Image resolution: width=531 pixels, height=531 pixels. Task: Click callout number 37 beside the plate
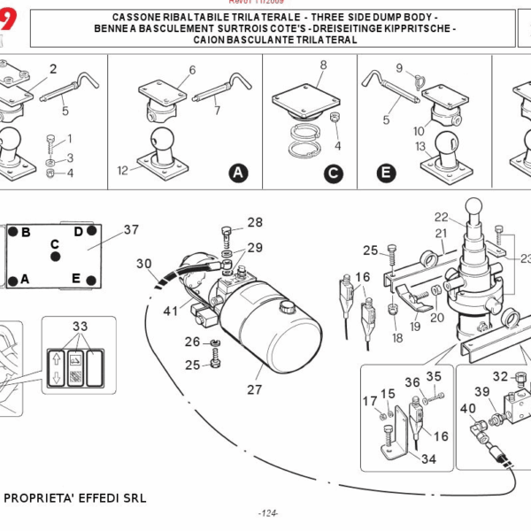click(x=131, y=230)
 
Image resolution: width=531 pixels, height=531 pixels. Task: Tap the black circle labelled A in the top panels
click(x=237, y=173)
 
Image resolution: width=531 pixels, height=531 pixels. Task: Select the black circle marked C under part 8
click(x=333, y=173)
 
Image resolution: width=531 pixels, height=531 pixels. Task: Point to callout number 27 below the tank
click(x=255, y=388)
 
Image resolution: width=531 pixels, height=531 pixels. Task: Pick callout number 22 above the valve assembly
click(x=441, y=217)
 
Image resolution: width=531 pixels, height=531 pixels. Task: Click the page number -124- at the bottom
click(x=268, y=513)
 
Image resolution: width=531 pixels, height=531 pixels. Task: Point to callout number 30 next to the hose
click(x=144, y=263)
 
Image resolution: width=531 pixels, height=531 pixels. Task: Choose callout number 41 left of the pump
click(x=170, y=311)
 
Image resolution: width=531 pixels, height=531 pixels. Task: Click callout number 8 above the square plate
click(x=323, y=65)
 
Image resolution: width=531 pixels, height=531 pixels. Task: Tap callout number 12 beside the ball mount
click(x=122, y=167)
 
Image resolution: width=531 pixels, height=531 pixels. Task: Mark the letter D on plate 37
click(x=78, y=232)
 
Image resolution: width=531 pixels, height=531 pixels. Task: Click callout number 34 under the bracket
click(x=429, y=458)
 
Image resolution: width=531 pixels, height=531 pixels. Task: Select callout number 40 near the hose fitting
click(x=467, y=409)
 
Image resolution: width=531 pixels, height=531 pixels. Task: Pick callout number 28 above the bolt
click(x=255, y=223)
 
